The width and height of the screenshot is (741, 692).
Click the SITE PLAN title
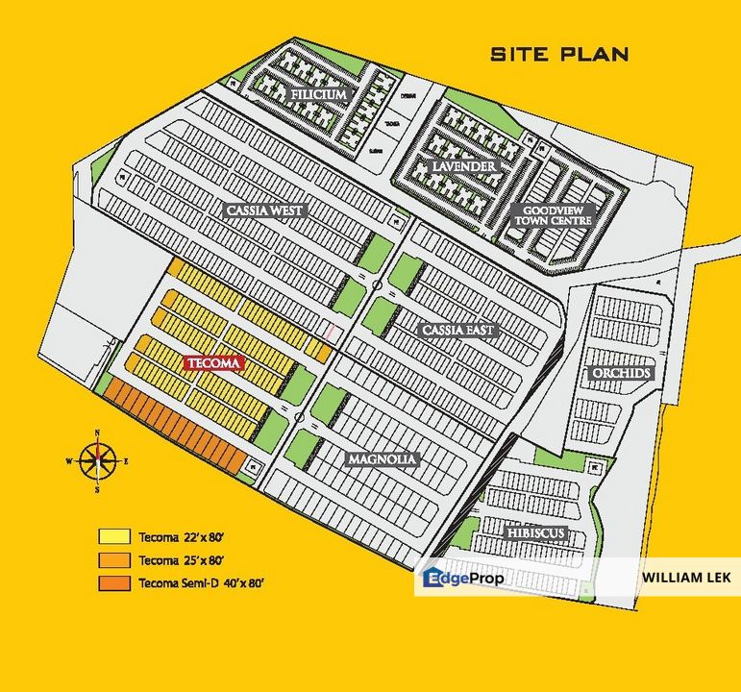[559, 54]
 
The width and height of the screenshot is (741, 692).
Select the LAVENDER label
[463, 167]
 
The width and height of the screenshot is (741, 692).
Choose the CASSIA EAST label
[458, 330]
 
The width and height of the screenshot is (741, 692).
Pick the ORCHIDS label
[621, 373]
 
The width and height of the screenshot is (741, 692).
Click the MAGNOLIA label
[382, 459]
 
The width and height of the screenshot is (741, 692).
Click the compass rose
[96, 460]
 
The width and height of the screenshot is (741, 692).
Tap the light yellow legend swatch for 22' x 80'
[113, 536]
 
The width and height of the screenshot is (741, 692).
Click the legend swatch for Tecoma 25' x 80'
[113, 559]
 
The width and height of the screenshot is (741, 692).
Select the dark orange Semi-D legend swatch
[113, 583]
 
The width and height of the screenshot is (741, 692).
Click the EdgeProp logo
[463, 578]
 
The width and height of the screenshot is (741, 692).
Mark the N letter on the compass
[96, 433]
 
